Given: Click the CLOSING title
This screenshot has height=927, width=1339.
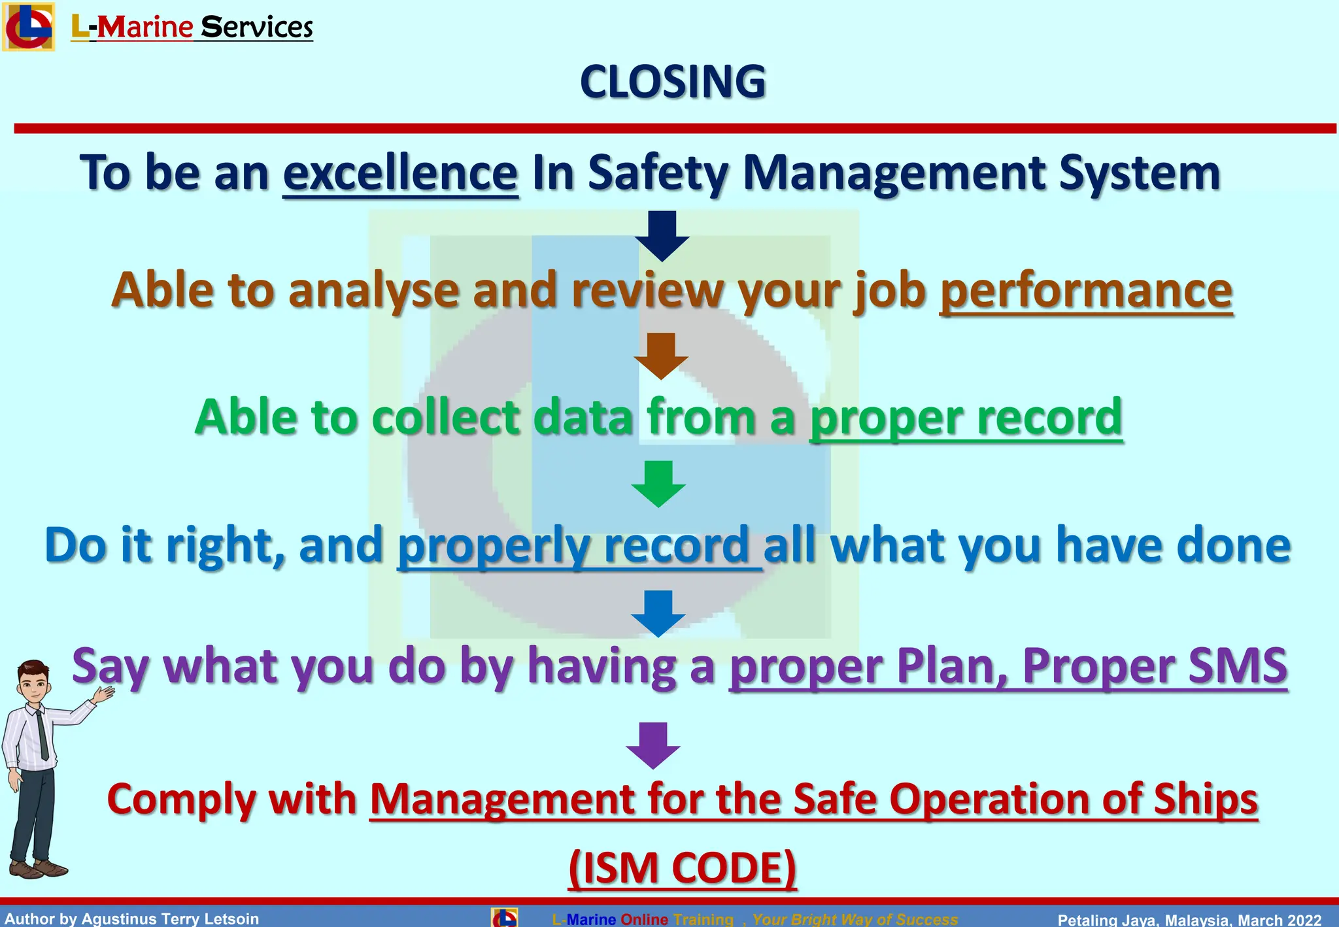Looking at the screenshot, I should [x=672, y=82].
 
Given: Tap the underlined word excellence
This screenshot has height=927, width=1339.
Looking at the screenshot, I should [x=400, y=174].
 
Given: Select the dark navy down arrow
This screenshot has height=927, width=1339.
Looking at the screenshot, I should [x=662, y=236].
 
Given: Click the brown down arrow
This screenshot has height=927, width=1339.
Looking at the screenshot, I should [x=661, y=356].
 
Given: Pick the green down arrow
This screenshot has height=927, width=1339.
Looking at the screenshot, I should [x=658, y=484].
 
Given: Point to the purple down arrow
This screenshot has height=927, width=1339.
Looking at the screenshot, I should [x=653, y=745].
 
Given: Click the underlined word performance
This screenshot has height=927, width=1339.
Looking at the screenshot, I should [x=1086, y=291].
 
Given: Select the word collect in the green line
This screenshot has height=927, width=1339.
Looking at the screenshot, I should [x=446, y=417].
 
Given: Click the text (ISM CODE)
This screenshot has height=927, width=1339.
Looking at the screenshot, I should [x=682, y=868].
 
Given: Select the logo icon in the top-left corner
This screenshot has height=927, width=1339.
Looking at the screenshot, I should [x=28, y=26].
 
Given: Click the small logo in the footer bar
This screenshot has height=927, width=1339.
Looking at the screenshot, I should [x=504, y=917].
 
